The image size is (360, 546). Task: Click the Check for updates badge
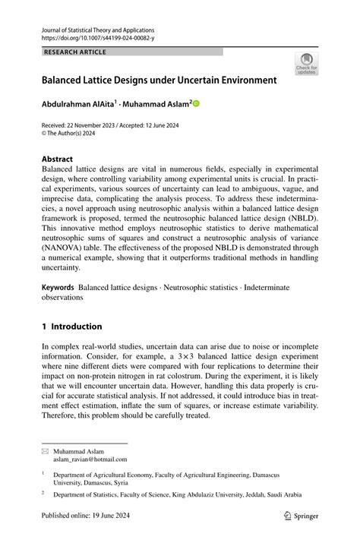[306, 64]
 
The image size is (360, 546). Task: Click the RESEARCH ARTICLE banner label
[75, 52]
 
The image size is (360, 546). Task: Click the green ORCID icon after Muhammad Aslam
[194, 103]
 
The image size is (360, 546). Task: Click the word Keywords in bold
[58, 288]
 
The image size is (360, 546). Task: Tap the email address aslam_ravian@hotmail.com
[90, 459]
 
